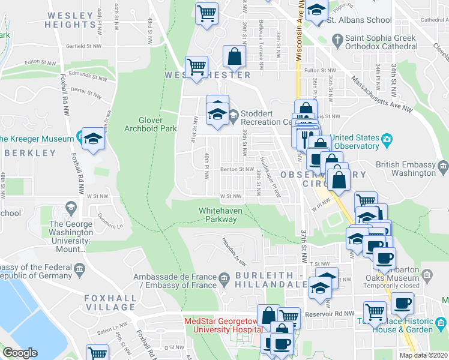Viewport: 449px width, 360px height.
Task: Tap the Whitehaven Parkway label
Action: pyautogui.click(x=222, y=214)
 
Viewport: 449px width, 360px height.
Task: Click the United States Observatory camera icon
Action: pyautogui.click(x=387, y=140)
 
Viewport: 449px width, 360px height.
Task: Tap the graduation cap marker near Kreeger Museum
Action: pyautogui.click(x=93, y=140)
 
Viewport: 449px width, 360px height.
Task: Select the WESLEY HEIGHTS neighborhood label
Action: pyautogui.click(x=71, y=20)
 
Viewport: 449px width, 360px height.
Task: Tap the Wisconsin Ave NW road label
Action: pyautogui.click(x=298, y=36)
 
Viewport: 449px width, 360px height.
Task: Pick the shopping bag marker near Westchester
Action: pyautogui.click(x=234, y=57)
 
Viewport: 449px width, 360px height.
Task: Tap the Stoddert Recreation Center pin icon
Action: pyautogui.click(x=233, y=115)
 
